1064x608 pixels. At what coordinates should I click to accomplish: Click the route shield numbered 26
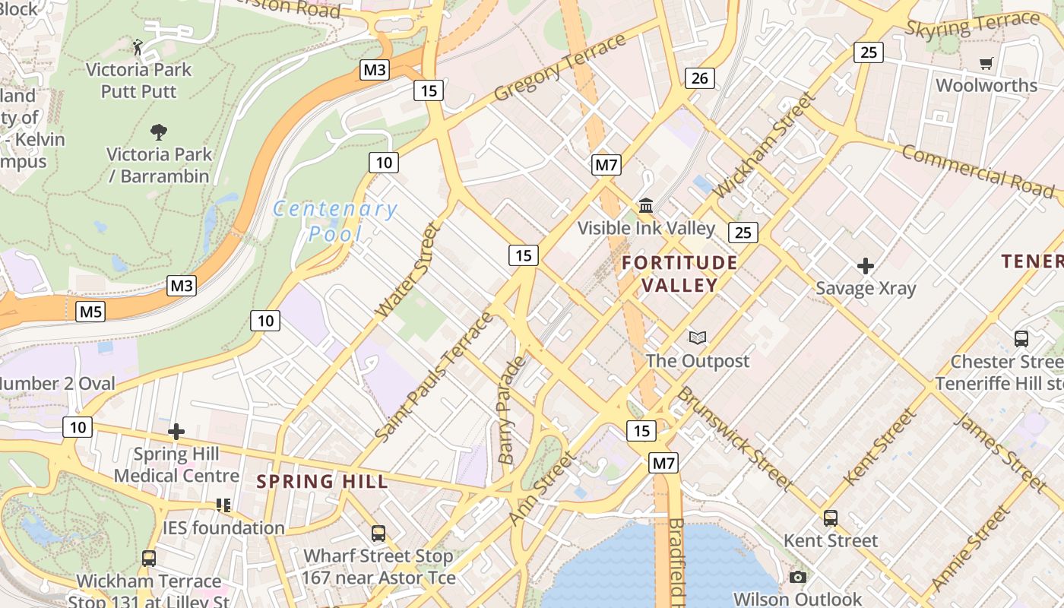tap(700, 78)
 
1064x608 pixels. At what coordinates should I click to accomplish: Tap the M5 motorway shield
tap(90, 311)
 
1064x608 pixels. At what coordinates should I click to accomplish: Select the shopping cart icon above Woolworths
tap(986, 64)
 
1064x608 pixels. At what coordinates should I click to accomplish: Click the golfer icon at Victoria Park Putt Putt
tap(138, 47)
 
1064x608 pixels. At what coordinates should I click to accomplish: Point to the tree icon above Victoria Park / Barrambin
tap(158, 132)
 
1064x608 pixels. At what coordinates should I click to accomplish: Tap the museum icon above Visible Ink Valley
tap(647, 205)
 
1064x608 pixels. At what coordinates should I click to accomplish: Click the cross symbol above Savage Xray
tap(865, 266)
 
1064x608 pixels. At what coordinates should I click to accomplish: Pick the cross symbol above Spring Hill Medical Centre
tap(176, 432)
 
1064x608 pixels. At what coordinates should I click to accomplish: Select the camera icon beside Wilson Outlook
tap(797, 578)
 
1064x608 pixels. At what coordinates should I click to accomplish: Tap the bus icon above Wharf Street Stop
tap(378, 534)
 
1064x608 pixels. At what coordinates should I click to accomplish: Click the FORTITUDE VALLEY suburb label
tap(679, 274)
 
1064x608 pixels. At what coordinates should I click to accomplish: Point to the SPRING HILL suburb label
tap(322, 481)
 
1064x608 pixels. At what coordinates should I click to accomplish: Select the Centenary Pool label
tap(335, 220)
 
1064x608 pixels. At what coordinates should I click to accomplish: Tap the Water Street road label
tap(408, 270)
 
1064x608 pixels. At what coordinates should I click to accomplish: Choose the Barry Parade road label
tap(511, 410)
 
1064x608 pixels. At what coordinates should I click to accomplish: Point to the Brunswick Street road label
tap(735, 438)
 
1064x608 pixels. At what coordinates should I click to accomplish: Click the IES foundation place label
tap(223, 527)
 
